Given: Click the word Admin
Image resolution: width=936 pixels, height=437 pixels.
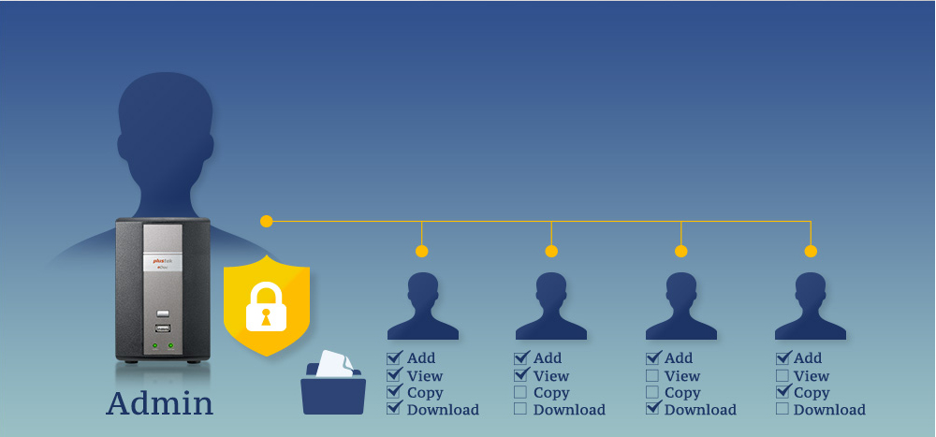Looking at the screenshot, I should pyautogui.click(x=159, y=402).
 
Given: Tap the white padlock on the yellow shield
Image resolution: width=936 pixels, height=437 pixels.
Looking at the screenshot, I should pyautogui.click(x=265, y=307).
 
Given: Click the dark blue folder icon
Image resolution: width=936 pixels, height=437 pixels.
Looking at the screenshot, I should pyautogui.click(x=333, y=390).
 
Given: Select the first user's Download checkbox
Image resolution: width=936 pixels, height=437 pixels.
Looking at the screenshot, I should pyautogui.click(x=394, y=409).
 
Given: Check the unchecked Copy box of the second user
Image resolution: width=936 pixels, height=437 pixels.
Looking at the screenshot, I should pyautogui.click(x=520, y=392).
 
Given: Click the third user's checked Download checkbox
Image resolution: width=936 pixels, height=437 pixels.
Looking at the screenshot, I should pyautogui.click(x=652, y=409).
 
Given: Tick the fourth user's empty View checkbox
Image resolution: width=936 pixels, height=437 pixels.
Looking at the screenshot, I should pyautogui.click(x=782, y=375).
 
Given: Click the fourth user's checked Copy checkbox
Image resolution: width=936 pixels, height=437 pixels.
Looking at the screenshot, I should pyautogui.click(x=782, y=392).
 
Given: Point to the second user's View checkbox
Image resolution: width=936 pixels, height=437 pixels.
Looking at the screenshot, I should pyautogui.click(x=520, y=375).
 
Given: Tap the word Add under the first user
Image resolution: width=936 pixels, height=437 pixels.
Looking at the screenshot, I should pyautogui.click(x=421, y=357).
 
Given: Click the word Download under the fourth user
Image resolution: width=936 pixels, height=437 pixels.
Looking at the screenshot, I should pyautogui.click(x=829, y=410).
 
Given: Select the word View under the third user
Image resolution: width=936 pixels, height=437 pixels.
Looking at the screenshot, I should pyautogui.click(x=682, y=375).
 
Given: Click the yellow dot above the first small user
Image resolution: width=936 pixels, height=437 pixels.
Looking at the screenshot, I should pyautogui.click(x=422, y=251).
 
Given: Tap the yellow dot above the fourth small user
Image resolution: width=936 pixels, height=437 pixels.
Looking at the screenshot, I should pyautogui.click(x=811, y=251).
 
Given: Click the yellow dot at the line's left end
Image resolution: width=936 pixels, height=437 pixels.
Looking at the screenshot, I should pyautogui.click(x=267, y=222).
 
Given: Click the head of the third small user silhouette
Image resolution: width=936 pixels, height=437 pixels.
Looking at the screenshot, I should pyautogui.click(x=681, y=288).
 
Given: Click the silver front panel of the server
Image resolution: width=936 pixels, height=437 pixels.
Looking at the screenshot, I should pyautogui.click(x=163, y=248).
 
